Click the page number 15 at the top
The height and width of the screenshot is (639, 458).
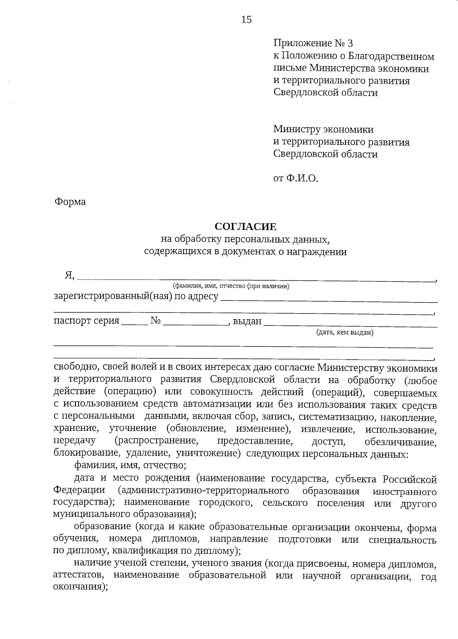(246, 20)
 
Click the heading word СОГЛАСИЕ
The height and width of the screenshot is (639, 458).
(245, 227)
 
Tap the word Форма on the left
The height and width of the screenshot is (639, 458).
(70, 202)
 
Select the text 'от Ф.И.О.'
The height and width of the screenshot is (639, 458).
(295, 178)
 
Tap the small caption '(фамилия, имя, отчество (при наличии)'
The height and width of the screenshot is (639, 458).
(231, 286)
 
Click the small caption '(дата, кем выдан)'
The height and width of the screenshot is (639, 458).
(345, 332)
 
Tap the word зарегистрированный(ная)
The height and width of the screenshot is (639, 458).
(113, 297)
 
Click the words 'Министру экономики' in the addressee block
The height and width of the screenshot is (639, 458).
(323, 129)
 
